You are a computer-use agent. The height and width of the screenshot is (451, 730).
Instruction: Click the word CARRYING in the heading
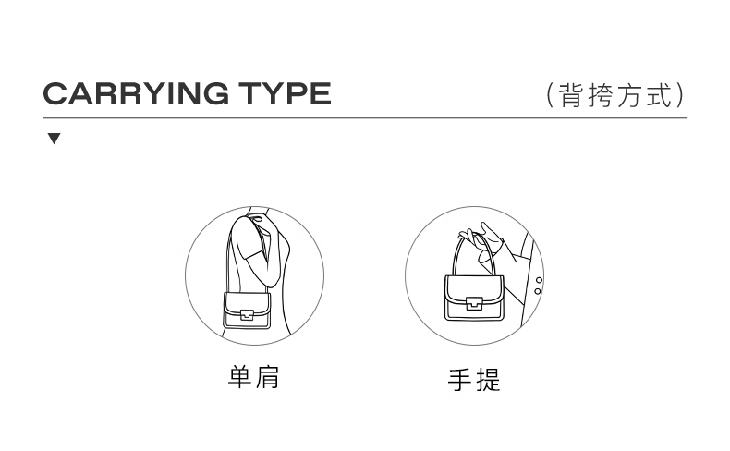click(136, 93)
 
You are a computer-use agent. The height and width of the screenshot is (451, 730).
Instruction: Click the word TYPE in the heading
click(285, 93)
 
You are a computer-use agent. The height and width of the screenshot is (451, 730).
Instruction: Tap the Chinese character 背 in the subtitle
click(570, 95)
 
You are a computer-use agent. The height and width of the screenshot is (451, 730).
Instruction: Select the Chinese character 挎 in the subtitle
click(600, 95)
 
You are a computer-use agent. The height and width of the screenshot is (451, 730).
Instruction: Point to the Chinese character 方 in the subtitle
click(629, 95)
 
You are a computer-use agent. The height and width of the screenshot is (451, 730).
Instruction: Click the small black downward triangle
click(54, 139)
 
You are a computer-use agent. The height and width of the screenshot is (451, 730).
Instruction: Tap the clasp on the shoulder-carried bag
click(247, 315)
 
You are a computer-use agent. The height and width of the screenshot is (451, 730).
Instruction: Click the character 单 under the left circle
click(239, 377)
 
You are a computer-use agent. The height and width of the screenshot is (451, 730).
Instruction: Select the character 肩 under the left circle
click(267, 377)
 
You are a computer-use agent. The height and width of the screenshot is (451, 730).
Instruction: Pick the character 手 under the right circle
click(460, 380)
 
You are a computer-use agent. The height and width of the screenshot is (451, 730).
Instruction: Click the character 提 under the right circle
click(489, 380)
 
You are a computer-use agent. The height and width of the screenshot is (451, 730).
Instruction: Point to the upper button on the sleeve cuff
click(539, 280)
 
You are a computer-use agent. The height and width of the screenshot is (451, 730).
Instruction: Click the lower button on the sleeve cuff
click(537, 291)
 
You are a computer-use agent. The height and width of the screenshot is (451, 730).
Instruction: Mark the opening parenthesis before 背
click(550, 95)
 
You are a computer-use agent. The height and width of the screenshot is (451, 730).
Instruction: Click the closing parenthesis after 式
click(682, 95)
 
